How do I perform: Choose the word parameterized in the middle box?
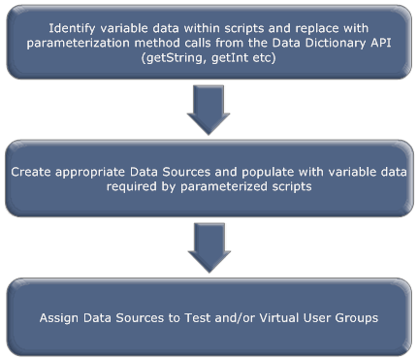[222, 188]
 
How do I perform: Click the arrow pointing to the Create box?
[209, 110]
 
